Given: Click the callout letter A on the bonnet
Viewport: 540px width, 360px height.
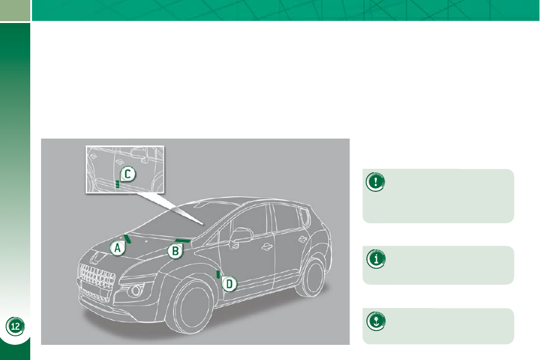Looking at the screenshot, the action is click(x=117, y=247).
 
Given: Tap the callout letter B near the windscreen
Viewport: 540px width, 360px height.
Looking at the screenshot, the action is click(x=175, y=251).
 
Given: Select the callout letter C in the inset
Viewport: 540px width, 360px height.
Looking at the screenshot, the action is click(x=128, y=174).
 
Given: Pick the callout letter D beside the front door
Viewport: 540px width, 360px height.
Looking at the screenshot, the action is click(x=229, y=284).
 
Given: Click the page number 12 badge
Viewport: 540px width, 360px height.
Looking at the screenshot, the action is click(x=15, y=326).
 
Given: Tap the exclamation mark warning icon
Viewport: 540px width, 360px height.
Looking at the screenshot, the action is click(x=376, y=182).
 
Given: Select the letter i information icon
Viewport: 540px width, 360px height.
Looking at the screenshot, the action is click(x=376, y=259).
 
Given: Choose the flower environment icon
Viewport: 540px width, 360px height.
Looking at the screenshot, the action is click(x=376, y=321).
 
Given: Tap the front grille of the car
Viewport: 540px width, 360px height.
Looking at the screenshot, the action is click(x=97, y=277).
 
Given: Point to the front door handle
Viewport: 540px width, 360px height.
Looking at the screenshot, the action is click(x=267, y=246).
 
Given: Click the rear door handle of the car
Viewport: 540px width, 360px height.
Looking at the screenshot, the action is click(x=302, y=239).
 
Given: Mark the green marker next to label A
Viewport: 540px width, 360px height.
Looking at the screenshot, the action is click(x=128, y=239).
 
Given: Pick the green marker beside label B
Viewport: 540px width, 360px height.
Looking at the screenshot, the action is click(x=182, y=240).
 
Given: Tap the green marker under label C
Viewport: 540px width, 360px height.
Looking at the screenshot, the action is click(x=117, y=185).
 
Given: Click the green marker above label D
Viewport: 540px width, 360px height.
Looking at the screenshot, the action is click(x=218, y=274).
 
